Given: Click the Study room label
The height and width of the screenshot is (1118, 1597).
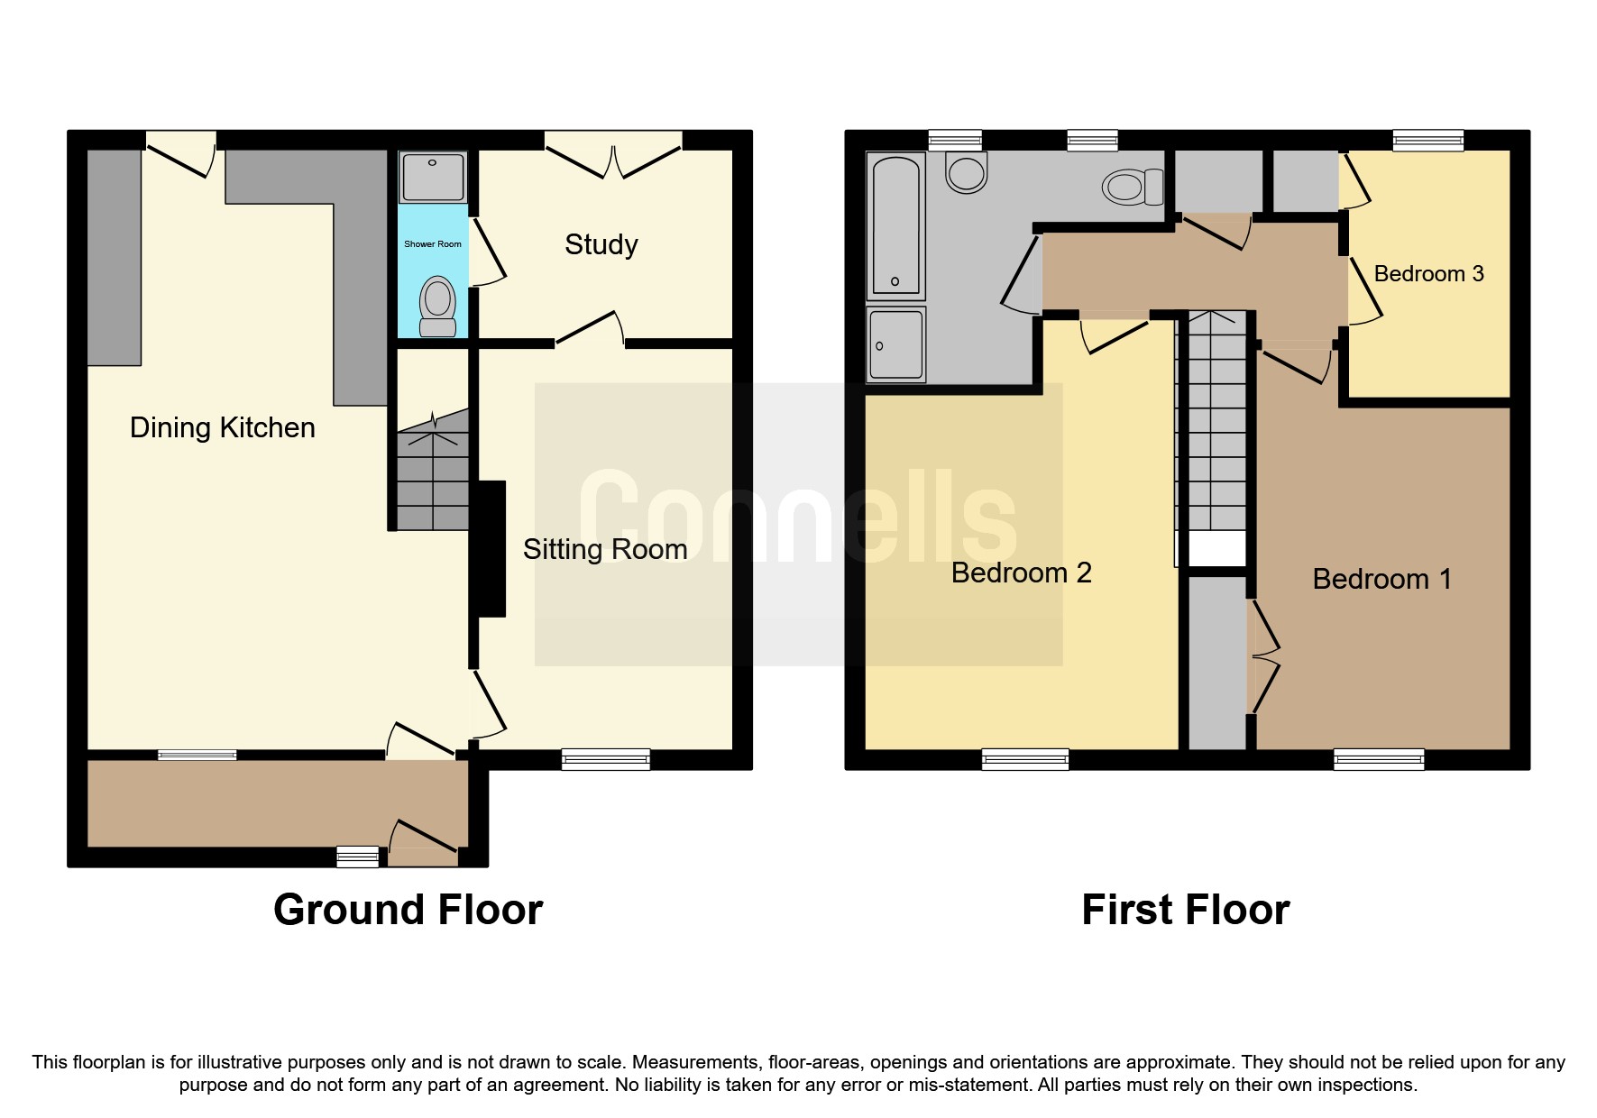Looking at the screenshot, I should [601, 244].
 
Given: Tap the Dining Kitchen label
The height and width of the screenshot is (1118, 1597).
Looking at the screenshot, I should [222, 427].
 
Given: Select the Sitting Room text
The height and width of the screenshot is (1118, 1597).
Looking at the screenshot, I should [605, 549].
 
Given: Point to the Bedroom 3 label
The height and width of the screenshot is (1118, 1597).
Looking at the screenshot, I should [1428, 273].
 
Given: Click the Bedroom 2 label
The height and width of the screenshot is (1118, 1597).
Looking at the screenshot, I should [1021, 573].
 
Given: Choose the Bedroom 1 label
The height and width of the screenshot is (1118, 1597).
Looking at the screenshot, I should [1381, 579].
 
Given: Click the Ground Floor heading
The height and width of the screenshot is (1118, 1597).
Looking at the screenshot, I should [408, 910].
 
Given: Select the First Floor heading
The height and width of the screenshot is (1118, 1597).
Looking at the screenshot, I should [1185, 910].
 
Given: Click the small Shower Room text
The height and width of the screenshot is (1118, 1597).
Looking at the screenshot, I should [432, 244].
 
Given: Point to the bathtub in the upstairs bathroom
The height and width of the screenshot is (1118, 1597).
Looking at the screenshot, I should [895, 225].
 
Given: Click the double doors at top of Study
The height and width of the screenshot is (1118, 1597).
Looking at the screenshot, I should [613, 160].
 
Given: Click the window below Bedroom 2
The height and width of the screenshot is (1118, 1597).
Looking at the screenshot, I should [1025, 759].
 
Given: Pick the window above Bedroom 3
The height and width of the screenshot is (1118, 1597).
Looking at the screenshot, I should [1427, 140].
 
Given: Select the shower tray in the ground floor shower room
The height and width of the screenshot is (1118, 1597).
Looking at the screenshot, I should [433, 177].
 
